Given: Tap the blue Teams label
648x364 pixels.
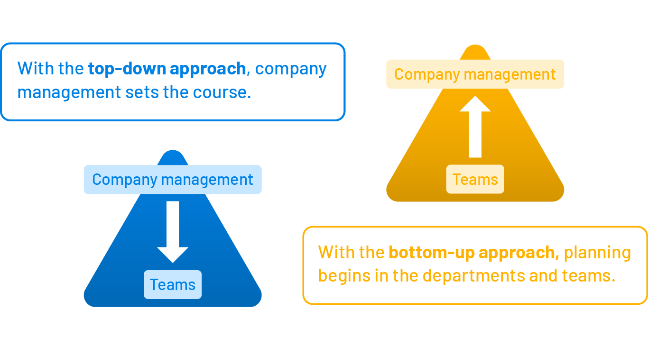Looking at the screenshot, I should click(x=173, y=284).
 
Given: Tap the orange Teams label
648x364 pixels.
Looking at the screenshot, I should click(x=475, y=179).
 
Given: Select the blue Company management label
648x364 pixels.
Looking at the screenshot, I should click(x=173, y=180).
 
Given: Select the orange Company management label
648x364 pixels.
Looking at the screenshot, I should click(x=475, y=74).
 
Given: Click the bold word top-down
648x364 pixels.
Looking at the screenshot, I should click(x=126, y=69).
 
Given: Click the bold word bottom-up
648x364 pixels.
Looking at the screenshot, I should click(x=430, y=252).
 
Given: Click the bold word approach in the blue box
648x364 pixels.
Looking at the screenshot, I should click(x=208, y=69).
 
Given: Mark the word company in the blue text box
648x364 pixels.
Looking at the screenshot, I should click(x=291, y=69).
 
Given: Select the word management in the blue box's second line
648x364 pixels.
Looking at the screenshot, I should click(x=69, y=92).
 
